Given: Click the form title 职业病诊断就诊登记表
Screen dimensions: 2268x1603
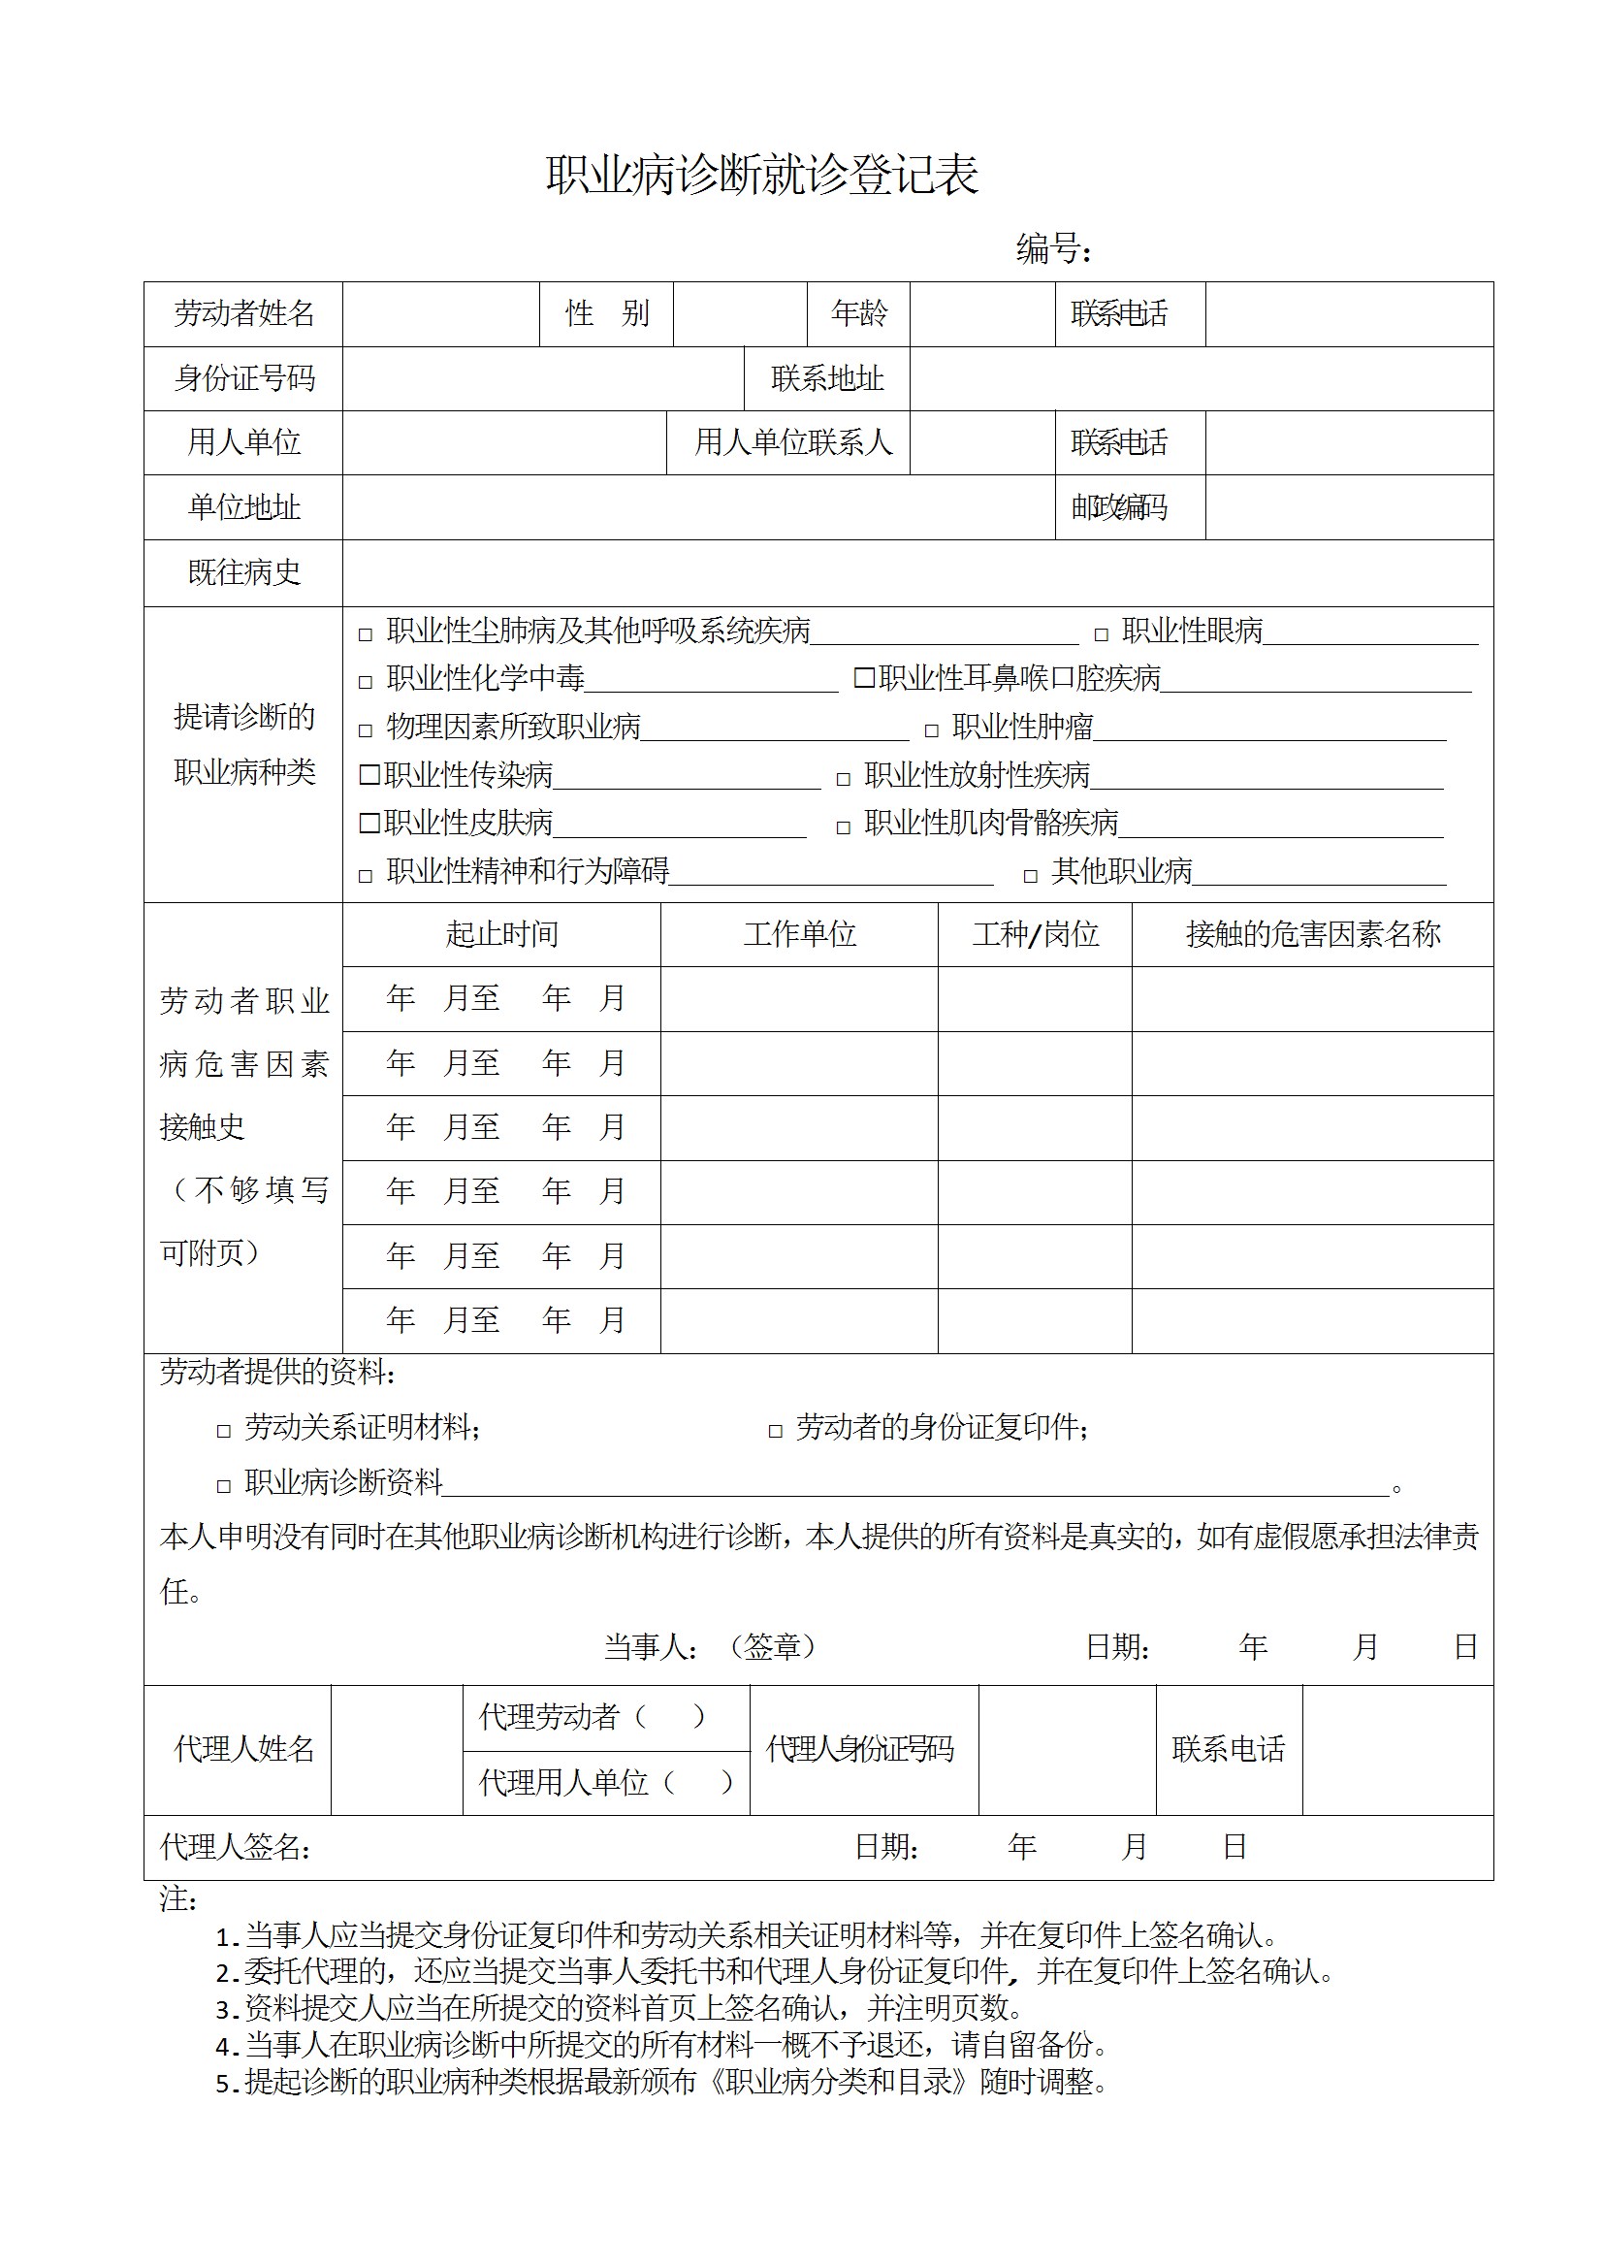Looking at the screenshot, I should point(761,176).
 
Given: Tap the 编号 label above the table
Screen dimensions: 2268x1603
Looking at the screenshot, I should point(1053,249).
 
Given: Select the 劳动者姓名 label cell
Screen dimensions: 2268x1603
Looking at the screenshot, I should point(244,314).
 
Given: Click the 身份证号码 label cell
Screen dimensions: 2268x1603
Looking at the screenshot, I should point(244,378).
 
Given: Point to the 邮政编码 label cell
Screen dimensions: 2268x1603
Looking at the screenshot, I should point(1119,507).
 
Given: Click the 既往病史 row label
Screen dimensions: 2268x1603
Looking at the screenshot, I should point(244,572).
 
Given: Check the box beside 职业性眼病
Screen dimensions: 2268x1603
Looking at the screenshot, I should point(1102,635).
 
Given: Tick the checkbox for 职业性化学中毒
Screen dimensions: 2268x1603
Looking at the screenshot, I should point(366,683).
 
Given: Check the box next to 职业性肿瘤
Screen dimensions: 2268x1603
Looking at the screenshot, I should point(931,731).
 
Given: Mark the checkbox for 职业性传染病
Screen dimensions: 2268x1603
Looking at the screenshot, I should point(369,774).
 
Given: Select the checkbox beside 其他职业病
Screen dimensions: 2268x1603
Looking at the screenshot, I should point(1031,876).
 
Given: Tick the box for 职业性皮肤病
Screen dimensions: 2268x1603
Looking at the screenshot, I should point(369,823).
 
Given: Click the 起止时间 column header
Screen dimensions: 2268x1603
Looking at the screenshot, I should point(501,933).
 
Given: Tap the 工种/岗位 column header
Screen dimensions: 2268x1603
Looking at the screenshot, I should point(1034,933).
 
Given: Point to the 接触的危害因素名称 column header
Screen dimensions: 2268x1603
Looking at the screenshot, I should point(1312,933).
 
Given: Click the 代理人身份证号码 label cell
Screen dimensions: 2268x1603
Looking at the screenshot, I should point(859,1749).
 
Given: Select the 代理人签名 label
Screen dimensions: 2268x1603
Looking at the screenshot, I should point(234,1847).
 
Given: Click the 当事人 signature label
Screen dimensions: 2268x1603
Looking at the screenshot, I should point(650,1646).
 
